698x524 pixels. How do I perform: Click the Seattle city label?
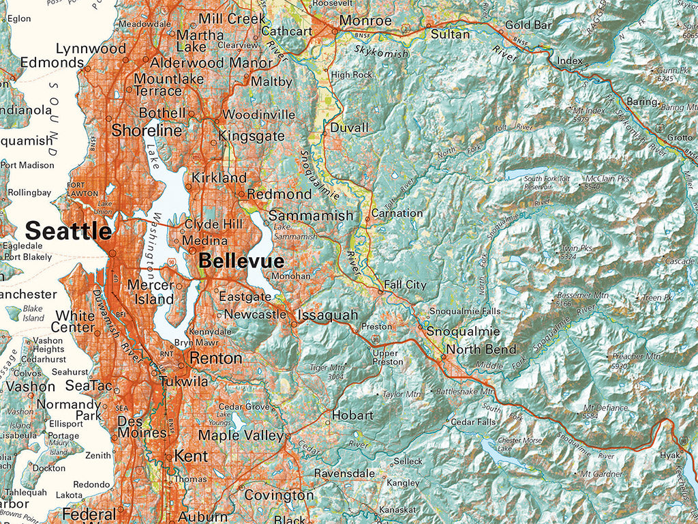click(68, 231)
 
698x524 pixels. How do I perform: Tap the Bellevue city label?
click(241, 261)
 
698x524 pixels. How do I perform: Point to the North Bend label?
click(481, 349)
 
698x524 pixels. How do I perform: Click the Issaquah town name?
click(327, 315)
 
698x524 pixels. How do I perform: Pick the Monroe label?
click(365, 20)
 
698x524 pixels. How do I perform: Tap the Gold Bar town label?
click(528, 25)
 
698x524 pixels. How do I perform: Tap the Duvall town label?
click(349, 128)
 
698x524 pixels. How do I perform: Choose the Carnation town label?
click(397, 213)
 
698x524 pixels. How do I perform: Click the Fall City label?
click(405, 285)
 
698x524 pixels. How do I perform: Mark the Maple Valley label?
click(241, 435)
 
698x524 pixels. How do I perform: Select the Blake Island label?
click(33, 312)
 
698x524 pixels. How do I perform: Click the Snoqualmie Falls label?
click(464, 311)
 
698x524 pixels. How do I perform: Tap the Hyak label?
click(670, 455)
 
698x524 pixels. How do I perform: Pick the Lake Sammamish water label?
click(295, 231)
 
